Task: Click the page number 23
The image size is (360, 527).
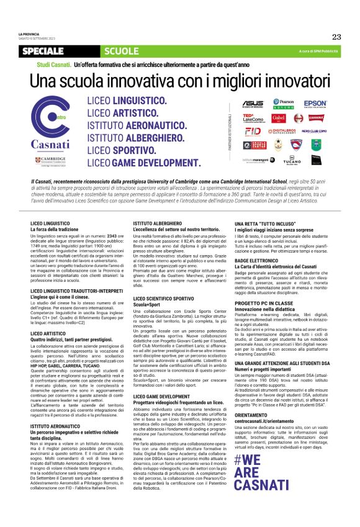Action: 336,37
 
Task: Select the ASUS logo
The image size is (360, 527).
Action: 253,104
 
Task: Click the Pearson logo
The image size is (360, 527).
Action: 283,104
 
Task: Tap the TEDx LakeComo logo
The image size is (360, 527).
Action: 253,117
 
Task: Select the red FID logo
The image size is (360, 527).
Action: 253,132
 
